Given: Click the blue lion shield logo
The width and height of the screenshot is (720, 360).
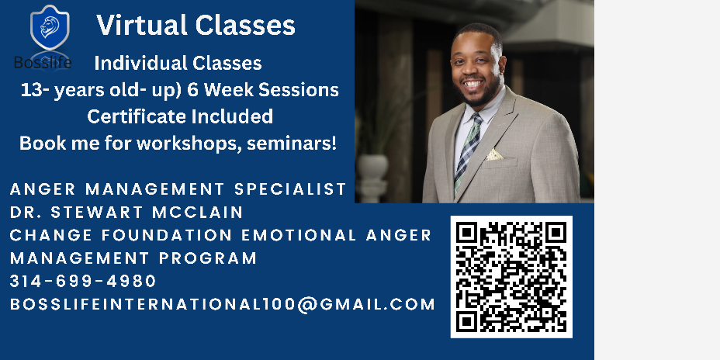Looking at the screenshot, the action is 50,28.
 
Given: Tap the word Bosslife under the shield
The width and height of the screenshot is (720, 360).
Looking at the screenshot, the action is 42,62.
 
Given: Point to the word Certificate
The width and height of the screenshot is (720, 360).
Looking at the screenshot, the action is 137,116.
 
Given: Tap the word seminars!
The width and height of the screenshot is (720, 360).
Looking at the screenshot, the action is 292,144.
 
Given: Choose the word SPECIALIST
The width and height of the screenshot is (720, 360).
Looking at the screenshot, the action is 290,189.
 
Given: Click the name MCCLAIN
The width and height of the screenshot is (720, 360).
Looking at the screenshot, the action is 197,212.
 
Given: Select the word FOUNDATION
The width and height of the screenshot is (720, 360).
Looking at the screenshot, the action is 167,235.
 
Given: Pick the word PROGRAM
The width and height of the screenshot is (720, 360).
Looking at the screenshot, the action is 208,258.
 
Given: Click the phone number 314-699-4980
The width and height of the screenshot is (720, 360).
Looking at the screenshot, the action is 83,281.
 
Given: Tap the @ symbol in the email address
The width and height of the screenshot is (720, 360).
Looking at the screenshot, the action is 306,304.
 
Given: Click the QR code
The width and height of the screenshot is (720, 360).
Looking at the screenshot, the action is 511,277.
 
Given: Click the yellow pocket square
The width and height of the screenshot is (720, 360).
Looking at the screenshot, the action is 494,154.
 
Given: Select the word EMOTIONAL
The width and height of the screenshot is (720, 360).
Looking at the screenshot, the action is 299,235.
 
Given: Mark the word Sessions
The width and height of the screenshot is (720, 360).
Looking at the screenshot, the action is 299,90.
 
